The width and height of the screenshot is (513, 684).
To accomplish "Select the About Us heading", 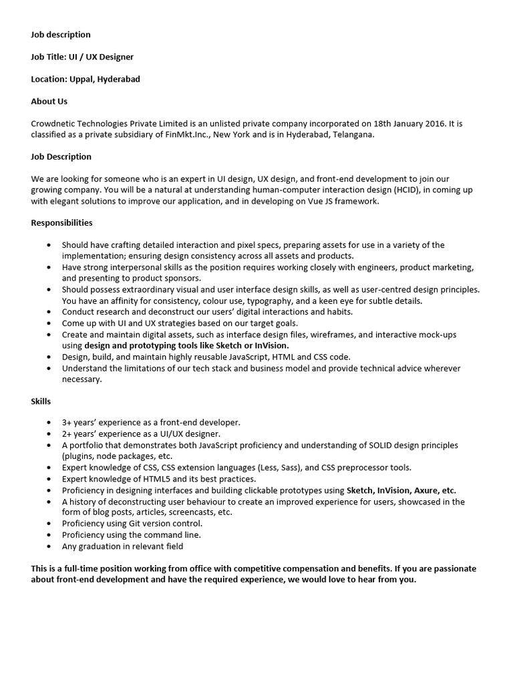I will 49,102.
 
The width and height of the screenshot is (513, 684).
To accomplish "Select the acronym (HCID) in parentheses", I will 403,190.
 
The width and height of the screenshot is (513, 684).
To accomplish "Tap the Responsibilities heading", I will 61,222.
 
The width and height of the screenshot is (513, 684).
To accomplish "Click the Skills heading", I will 41,401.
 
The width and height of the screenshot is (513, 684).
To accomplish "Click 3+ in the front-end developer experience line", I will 67,422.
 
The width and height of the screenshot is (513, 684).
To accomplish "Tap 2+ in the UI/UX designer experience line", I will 67,434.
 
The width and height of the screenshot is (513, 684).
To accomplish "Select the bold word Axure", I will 428,490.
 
